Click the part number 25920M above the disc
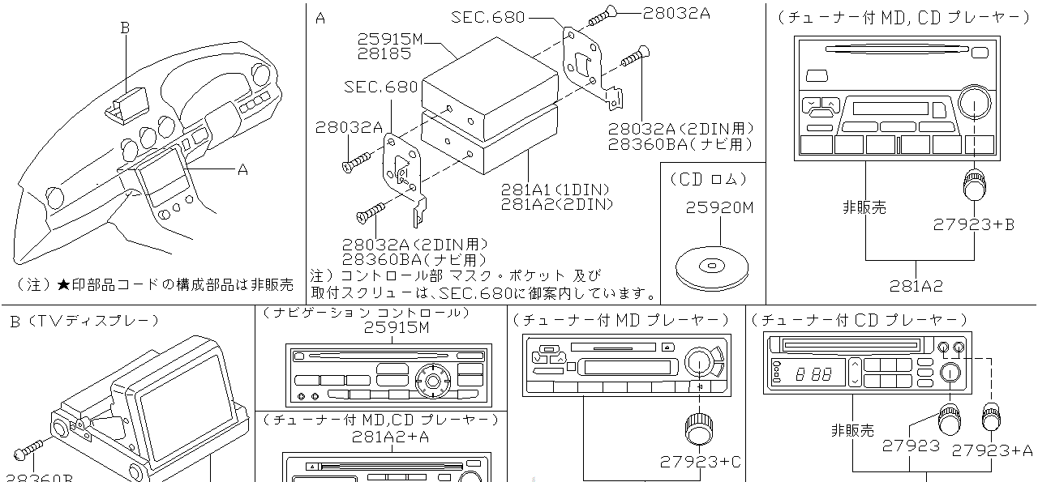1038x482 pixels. [x=719, y=208]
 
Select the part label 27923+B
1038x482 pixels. [x=973, y=225]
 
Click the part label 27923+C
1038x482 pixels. [x=701, y=462]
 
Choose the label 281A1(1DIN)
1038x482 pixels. [x=555, y=190]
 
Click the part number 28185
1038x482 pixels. [x=384, y=53]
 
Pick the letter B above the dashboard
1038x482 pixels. [x=125, y=28]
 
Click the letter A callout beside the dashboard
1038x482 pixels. [x=242, y=169]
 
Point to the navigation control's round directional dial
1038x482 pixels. [x=431, y=378]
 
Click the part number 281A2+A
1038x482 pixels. [x=390, y=437]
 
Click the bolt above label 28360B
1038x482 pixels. [x=32, y=450]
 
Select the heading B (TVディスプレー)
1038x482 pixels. [x=84, y=321]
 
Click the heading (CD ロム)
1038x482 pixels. [x=708, y=179]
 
